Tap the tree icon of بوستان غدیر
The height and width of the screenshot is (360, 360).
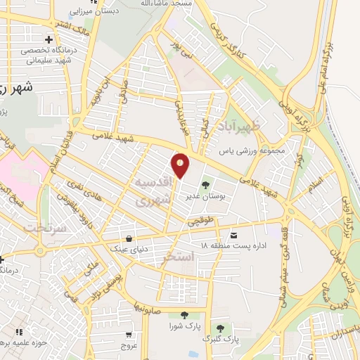[x=205, y=186]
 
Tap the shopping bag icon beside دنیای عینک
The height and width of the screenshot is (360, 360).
[x=129, y=238]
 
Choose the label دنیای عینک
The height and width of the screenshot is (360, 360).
[x=126, y=248]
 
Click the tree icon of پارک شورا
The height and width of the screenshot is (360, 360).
[x=184, y=315]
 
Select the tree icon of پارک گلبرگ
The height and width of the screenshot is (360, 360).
[x=221, y=328]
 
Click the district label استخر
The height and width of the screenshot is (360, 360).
[x=177, y=259]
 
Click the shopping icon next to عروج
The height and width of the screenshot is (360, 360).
[x=129, y=335]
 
